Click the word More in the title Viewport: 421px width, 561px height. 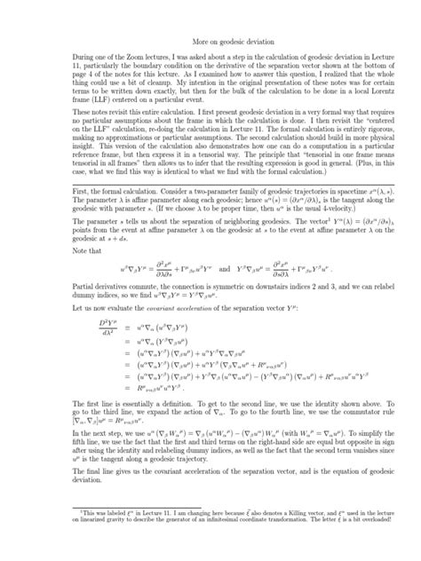pyautogui.click(x=200, y=41)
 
